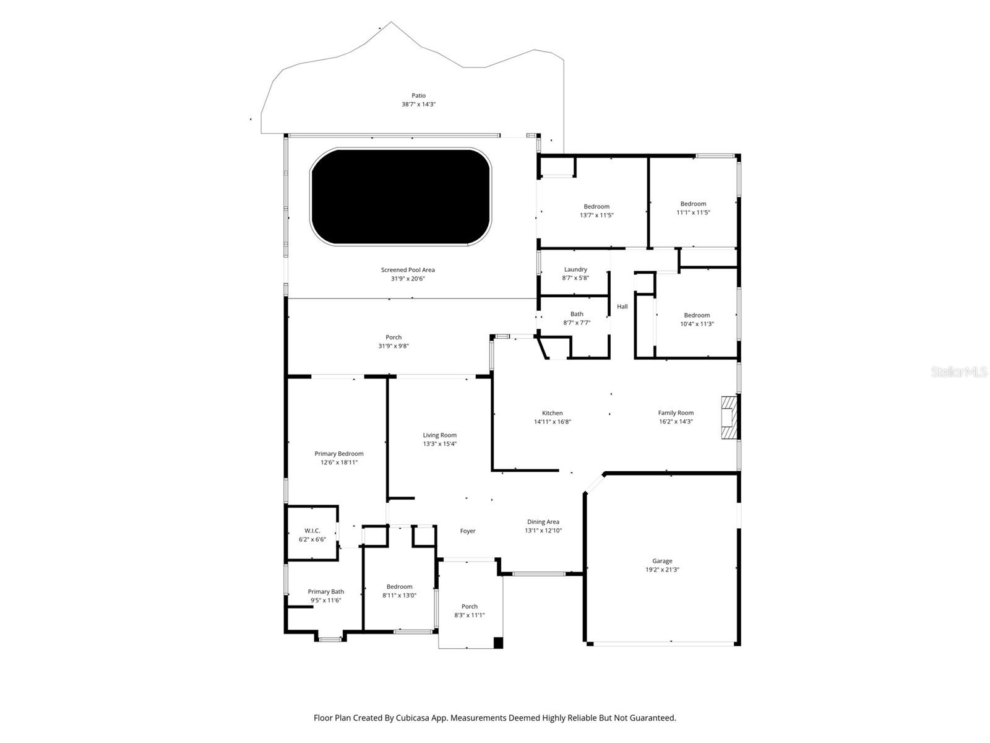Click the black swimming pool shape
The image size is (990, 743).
coord(401,196)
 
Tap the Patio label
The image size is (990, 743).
coord(419,96)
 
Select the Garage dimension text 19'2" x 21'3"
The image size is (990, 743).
coord(662,570)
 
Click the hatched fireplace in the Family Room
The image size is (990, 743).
coord(730,418)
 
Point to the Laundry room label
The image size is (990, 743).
coord(575,269)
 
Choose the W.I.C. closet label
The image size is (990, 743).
coord(312,531)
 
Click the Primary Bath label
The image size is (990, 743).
coord(325,591)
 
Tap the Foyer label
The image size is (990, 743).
coord(468,531)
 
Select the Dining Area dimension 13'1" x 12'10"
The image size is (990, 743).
coord(543,531)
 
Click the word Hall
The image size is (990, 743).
coord(622,306)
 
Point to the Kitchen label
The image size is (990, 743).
coord(553,413)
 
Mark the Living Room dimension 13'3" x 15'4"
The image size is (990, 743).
coord(440,444)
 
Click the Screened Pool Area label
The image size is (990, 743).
coord(408,270)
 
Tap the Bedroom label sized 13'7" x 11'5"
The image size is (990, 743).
coord(596,207)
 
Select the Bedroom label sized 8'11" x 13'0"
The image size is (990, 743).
coord(399,587)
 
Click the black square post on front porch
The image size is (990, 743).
coord(498,643)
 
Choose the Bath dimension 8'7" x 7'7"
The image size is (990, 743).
coord(577,323)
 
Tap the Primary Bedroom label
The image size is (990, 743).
coord(338,454)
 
